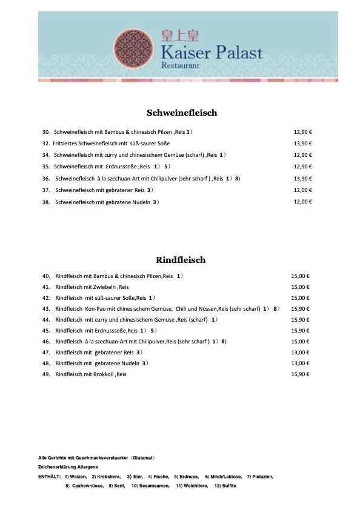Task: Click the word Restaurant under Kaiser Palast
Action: [182, 64]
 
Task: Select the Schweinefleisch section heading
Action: [182, 113]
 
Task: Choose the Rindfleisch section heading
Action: [181, 260]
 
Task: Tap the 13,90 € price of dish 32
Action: [302, 144]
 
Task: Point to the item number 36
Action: [46, 179]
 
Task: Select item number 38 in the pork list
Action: [46, 202]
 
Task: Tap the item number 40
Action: [46, 276]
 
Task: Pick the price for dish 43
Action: [301, 309]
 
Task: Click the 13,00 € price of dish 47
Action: [301, 353]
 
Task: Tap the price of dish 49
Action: [301, 374]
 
